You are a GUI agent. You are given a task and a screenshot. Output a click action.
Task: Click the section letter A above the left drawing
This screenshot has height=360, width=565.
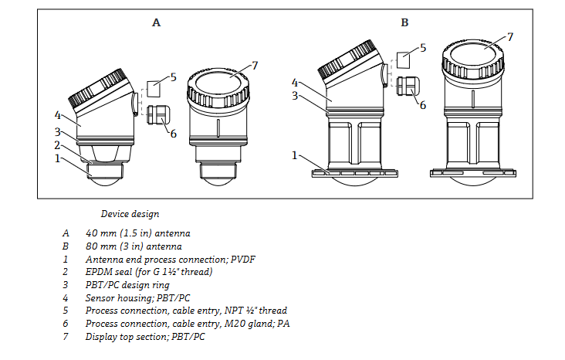156,23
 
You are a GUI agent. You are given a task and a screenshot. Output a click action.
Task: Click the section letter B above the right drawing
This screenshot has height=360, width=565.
404,23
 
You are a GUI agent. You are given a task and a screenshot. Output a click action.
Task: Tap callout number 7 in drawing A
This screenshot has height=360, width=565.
255,65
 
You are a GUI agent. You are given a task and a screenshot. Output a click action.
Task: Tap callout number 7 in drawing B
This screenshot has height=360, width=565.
509,36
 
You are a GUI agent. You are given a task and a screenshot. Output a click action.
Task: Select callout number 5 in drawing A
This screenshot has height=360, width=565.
174,76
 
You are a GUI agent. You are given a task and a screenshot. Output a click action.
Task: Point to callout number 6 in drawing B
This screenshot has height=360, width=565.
422,105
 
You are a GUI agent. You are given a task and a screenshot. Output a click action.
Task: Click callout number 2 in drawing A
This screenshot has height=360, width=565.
57,144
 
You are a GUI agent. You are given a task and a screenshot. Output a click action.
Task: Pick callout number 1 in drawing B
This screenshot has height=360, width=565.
295,155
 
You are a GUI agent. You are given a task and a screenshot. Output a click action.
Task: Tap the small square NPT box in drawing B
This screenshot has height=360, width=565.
405,60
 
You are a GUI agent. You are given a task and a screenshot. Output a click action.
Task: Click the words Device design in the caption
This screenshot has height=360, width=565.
130,214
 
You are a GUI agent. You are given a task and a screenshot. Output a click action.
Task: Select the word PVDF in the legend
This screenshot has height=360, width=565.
241,259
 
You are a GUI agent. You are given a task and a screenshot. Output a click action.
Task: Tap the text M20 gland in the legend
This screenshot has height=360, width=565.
250,324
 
